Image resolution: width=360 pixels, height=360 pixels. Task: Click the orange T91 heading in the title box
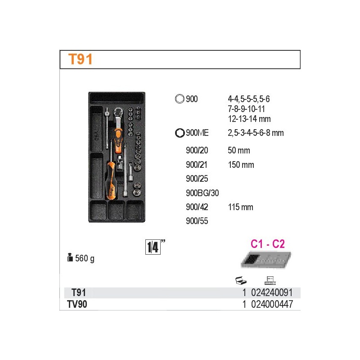pyautogui.click(x=81, y=59)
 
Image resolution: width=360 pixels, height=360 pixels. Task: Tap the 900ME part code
pyautogui.click(x=197, y=133)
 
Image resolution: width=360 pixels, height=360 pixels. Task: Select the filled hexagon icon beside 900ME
pyautogui.click(x=180, y=133)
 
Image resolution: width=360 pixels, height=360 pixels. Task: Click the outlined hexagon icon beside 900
pyautogui.click(x=180, y=99)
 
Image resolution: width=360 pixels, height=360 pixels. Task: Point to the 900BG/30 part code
pyautogui.click(x=202, y=193)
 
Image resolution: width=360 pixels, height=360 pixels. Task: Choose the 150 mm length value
pyautogui.click(x=241, y=165)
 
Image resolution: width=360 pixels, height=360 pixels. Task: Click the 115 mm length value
pyautogui.click(x=241, y=207)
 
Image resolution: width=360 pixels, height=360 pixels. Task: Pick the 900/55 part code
pyautogui.click(x=197, y=221)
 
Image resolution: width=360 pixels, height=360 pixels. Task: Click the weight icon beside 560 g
pyautogui.click(x=70, y=257)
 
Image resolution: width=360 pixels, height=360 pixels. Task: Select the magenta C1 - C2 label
pyautogui.click(x=268, y=243)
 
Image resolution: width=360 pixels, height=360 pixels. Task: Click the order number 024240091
pyautogui.click(x=272, y=292)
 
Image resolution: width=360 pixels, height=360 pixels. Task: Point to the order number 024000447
pyautogui.click(x=272, y=304)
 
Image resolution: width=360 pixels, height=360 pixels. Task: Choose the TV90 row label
pyautogui.click(x=77, y=304)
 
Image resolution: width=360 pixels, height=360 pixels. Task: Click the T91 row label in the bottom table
pyautogui.click(x=78, y=292)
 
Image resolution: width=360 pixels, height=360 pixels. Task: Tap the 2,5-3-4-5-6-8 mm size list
pyautogui.click(x=256, y=133)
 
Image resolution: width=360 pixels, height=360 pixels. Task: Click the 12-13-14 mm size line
pyautogui.click(x=249, y=119)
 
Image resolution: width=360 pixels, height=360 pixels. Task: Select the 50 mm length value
pyautogui.click(x=239, y=150)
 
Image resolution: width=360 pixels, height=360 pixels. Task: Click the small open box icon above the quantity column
pyautogui.click(x=241, y=280)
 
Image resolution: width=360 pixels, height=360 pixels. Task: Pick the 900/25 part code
pyautogui.click(x=197, y=179)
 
